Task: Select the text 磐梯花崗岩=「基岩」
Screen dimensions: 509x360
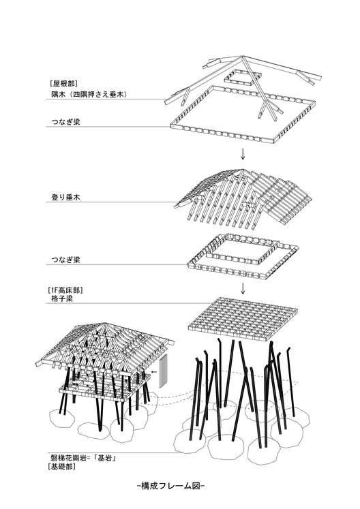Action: (x=80, y=458)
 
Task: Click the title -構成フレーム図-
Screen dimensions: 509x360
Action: (x=170, y=486)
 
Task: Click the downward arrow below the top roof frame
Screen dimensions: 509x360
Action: (x=243, y=154)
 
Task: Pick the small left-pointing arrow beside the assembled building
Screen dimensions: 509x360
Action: (x=156, y=373)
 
